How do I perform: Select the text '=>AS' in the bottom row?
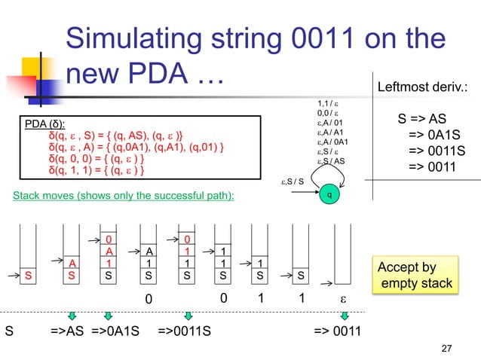(x=67, y=330)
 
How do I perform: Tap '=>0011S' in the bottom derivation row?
(x=185, y=330)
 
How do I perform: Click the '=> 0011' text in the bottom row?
(x=338, y=330)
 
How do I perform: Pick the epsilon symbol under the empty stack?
(x=342, y=297)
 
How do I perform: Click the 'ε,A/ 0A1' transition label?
(x=332, y=141)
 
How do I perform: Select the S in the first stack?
(x=29, y=276)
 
